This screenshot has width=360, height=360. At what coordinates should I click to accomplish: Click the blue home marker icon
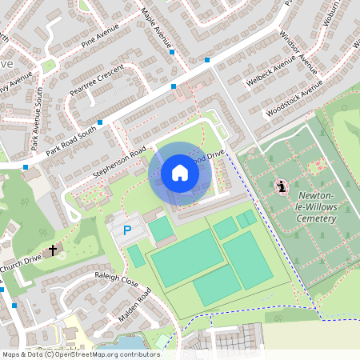(180, 173)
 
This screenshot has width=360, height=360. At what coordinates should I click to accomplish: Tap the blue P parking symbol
(126, 230)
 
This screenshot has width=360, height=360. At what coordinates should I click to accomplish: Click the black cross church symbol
(54, 250)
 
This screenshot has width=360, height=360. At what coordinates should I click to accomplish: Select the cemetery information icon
(281, 186)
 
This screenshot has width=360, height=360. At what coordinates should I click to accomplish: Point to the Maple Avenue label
(156, 26)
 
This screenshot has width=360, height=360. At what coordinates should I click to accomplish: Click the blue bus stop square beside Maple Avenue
(172, 52)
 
